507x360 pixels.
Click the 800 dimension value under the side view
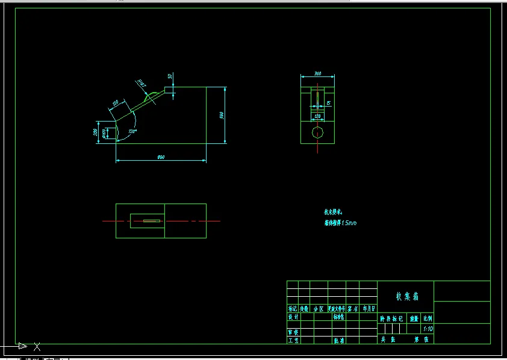click(161, 157)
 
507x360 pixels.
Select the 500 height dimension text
click(222, 115)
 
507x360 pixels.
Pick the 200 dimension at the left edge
click(96, 132)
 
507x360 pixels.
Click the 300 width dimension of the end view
click(317, 73)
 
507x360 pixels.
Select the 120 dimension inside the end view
click(317, 115)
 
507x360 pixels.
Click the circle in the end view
click(317, 132)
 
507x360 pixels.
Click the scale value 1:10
click(428, 329)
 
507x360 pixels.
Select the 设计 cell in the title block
click(293, 317)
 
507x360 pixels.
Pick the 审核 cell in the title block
click(293, 332)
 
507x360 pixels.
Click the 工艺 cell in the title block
click(293, 340)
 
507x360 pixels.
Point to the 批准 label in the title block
click(339, 340)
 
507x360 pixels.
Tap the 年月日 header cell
click(369, 308)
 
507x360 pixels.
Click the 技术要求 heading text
click(333, 212)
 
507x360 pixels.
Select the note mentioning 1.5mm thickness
click(341, 223)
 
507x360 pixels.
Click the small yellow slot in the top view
click(152, 221)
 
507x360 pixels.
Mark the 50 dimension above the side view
click(170, 76)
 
